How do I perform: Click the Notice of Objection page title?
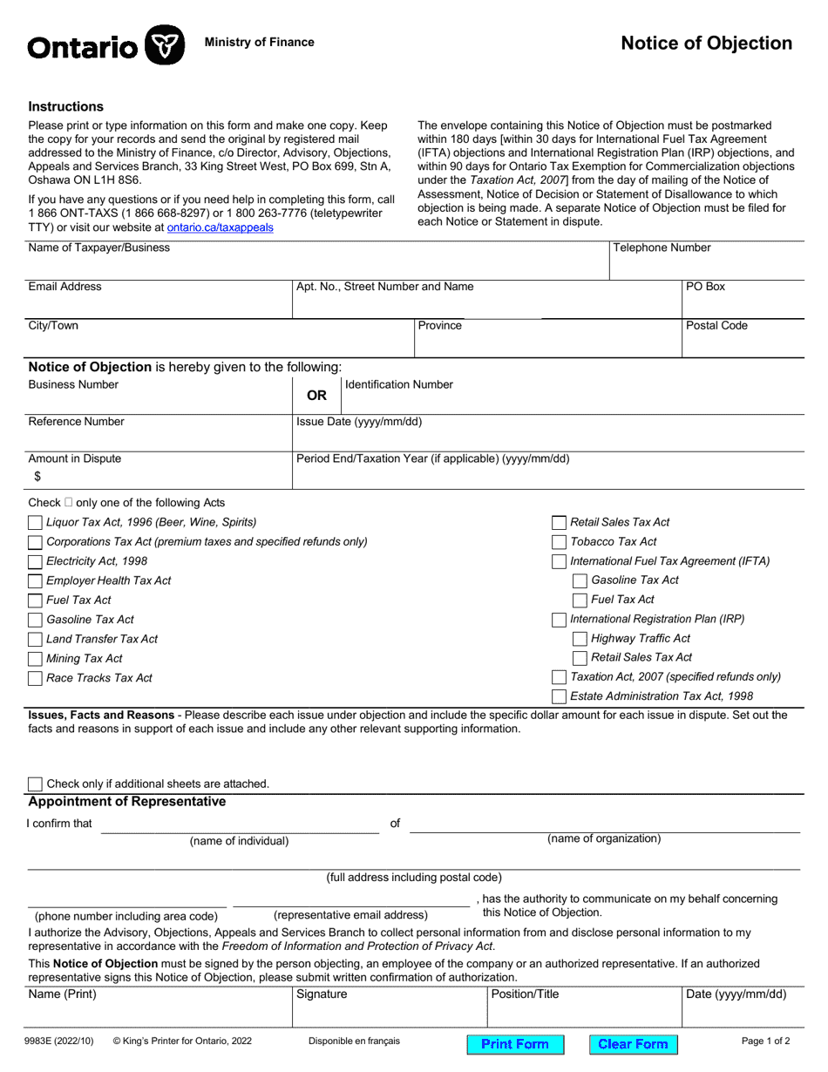(706, 44)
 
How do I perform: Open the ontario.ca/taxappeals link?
(220, 227)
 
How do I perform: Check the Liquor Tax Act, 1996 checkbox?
(35, 523)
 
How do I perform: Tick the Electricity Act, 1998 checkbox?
(35, 562)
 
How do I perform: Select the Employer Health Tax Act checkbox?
(35, 581)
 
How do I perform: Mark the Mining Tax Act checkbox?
(35, 660)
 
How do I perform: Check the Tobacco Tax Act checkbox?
(560, 542)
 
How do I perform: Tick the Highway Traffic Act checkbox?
(580, 639)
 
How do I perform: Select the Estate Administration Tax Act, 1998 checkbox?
(560, 696)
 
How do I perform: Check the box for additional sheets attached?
(35, 784)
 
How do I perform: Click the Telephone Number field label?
(662, 248)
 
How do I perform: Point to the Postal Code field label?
(716, 326)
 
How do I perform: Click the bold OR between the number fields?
(316, 396)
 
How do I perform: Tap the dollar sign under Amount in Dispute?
(37, 477)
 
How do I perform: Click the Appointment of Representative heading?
(126, 802)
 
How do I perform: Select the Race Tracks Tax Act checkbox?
(35, 679)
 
